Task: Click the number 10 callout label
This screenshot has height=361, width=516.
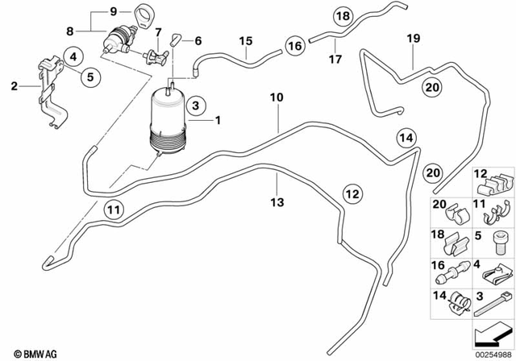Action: click(x=277, y=98)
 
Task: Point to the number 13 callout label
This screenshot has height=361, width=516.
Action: click(x=277, y=202)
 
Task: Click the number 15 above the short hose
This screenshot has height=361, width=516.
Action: click(x=244, y=40)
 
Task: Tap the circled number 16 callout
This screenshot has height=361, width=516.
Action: click(x=295, y=47)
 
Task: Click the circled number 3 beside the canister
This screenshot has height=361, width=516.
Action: click(x=195, y=106)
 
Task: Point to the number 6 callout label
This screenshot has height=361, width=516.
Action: click(x=198, y=40)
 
